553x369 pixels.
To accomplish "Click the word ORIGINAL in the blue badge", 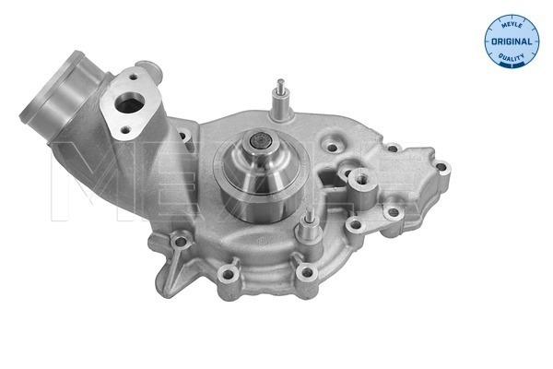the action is pyautogui.click(x=512, y=42).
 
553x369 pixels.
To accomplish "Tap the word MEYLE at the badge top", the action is pyautogui.click(x=512, y=24).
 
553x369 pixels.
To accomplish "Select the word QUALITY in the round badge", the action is pyautogui.click(x=512, y=57).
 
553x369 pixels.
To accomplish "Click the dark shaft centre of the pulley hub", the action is pyautogui.click(x=261, y=142).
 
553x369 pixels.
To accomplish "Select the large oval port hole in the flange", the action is pyautogui.click(x=129, y=104).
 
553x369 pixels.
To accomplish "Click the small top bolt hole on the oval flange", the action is pyautogui.click(x=134, y=77).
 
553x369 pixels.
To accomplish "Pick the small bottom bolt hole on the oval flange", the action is pyautogui.click(x=124, y=130).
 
